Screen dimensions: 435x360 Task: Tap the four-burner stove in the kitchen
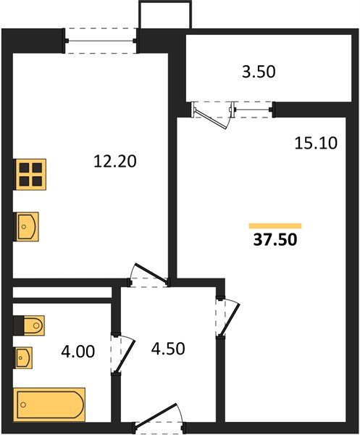point(30,174)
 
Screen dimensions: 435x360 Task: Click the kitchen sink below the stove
point(28,225)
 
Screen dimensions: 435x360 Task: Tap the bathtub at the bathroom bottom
point(49,403)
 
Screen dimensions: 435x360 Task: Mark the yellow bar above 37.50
point(275,225)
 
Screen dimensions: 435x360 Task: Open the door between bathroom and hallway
point(119,353)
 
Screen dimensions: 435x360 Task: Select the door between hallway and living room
point(226,315)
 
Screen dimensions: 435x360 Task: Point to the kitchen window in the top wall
point(101,39)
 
